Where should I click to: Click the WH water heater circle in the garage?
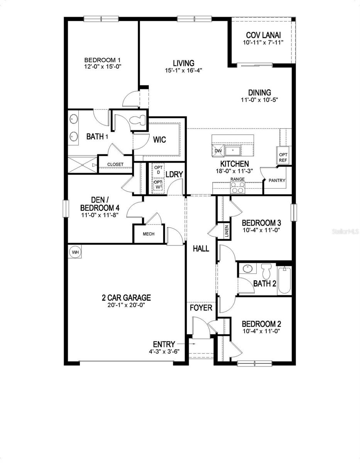click(76, 252)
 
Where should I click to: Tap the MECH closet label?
click(149, 234)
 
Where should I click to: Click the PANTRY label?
click(277, 180)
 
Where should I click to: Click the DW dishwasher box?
click(218, 151)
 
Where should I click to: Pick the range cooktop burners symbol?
click(238, 187)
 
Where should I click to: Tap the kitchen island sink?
click(233, 150)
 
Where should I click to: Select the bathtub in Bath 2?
click(284, 281)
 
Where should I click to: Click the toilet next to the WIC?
click(138, 121)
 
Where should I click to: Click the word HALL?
click(201, 248)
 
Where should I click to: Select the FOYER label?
click(201, 308)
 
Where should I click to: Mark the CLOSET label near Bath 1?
click(115, 164)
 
